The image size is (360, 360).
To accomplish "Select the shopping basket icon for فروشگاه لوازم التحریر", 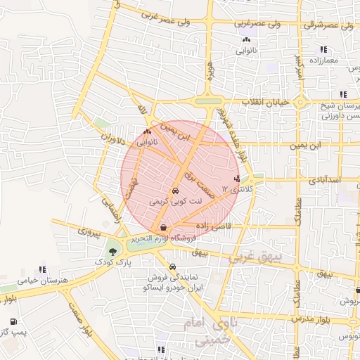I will [x=163, y=227].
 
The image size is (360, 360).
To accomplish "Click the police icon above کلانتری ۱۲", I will [x=245, y=179].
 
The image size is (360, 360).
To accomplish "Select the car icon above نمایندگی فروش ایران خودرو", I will [x=173, y=266].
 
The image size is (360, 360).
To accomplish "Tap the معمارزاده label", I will [x=323, y=60].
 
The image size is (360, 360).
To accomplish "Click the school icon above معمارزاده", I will [x=323, y=49].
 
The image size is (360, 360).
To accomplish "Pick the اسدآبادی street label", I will [x=323, y=179].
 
